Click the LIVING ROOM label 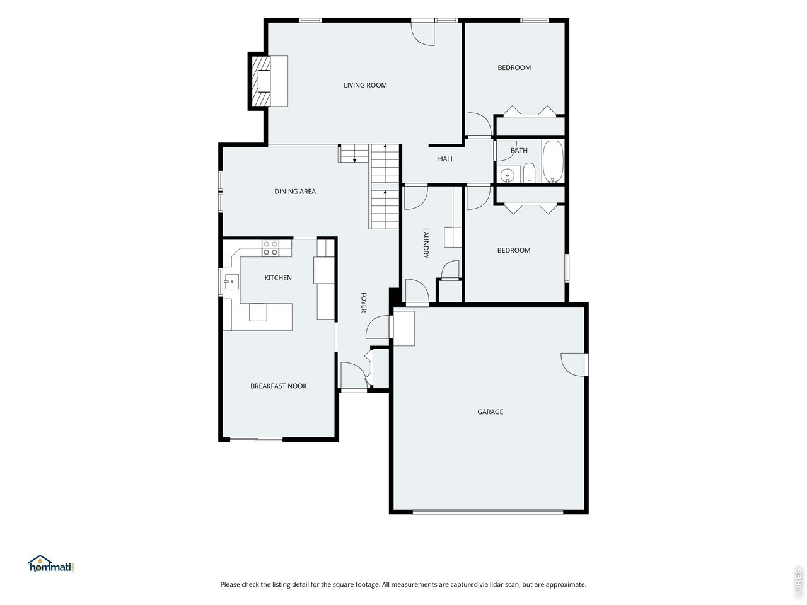[x=365, y=85]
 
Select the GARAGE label [x=490, y=412]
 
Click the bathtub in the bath [x=553, y=161]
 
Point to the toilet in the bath [x=529, y=173]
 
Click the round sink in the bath [x=508, y=176]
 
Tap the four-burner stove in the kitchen [x=270, y=248]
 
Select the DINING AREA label [x=295, y=192]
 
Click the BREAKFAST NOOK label [x=278, y=386]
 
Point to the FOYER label [x=363, y=302]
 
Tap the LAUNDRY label [x=426, y=243]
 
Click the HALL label [x=446, y=159]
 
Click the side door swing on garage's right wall [x=572, y=365]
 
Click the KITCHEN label [x=278, y=278]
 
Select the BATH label [x=519, y=151]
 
